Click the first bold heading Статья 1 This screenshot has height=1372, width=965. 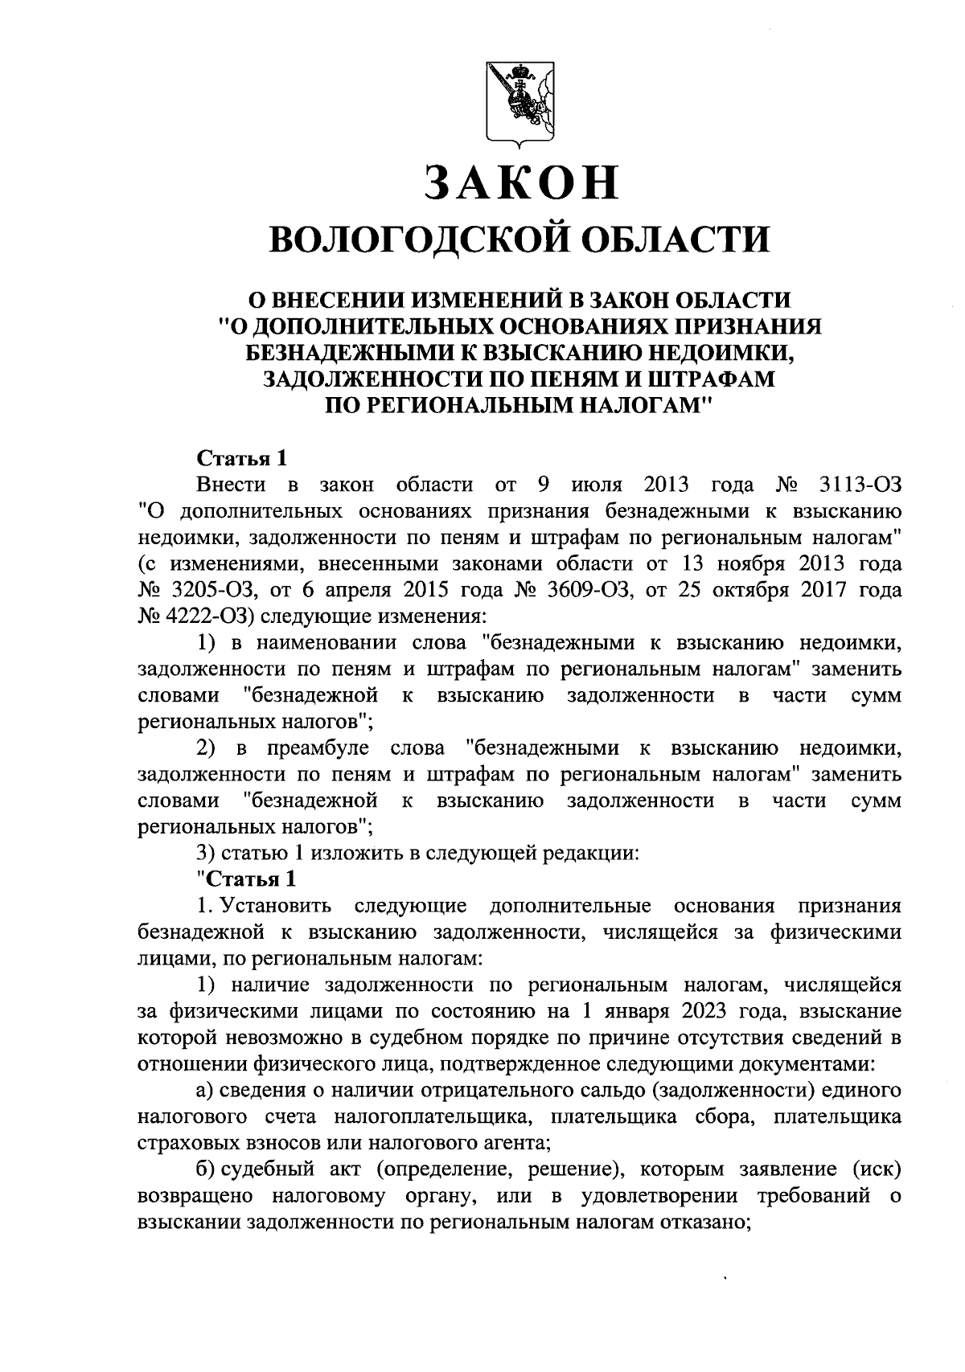[241, 459]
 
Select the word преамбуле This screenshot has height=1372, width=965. [318, 748]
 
